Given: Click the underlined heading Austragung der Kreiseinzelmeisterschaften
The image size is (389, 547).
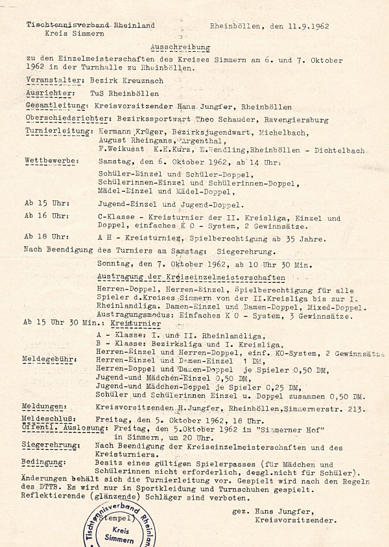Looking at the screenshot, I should coord(167,277).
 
